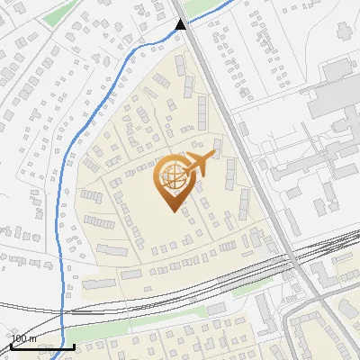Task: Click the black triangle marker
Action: (x=181, y=23)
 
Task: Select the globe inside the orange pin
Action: (x=171, y=177)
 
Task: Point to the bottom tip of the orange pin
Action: (x=172, y=211)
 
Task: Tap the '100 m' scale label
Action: (x=23, y=338)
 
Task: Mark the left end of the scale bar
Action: (x=12, y=346)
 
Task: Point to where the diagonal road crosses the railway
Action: (x=298, y=261)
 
